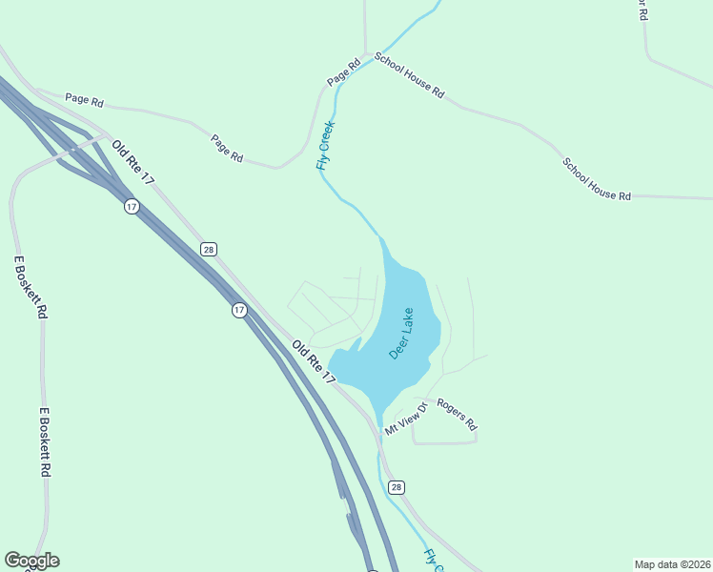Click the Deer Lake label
pos(401,333)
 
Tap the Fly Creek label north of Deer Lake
pos(325,146)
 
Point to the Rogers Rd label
pos(456,413)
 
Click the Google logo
pos(31,561)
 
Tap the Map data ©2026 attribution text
pos(671,563)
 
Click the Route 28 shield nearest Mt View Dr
pos(397,486)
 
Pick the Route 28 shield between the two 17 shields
pos(209,249)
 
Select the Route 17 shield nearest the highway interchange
pos(132,206)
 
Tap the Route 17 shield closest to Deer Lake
pos(239,310)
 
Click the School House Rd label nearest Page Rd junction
pos(409,75)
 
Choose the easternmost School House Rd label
pos(597,179)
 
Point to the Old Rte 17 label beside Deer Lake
pos(314,362)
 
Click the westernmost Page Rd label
pos(83,98)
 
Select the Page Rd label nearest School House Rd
pos(343,72)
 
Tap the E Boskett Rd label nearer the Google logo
pos(45,443)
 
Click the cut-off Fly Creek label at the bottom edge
pos(434,560)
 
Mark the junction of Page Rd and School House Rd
pos(366,53)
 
